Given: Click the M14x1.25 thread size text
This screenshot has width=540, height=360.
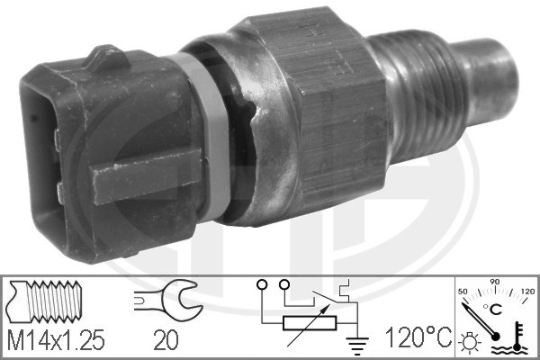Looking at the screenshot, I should click(x=57, y=340).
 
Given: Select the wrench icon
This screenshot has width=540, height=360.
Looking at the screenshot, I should click(x=161, y=301).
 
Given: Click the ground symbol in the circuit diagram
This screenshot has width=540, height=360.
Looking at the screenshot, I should click(x=356, y=340).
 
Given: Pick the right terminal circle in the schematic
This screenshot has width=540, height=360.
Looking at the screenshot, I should click(x=285, y=286).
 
